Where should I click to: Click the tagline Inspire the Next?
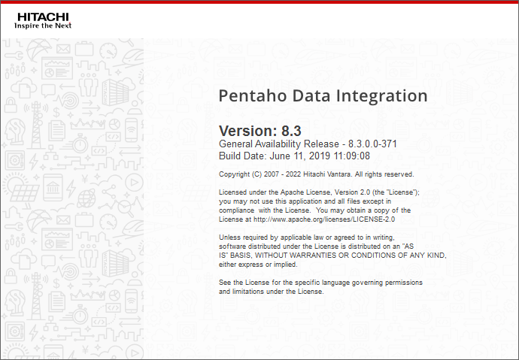pyautogui.click(x=43, y=25)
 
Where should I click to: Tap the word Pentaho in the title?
pyautogui.click(x=251, y=96)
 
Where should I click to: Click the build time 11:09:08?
pyautogui.click(x=352, y=156)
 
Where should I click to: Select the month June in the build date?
pyautogui.click(x=280, y=156)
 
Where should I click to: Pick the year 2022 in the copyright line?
pyautogui.click(x=296, y=174)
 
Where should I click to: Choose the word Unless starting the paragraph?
pyautogui.click(x=229, y=237)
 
